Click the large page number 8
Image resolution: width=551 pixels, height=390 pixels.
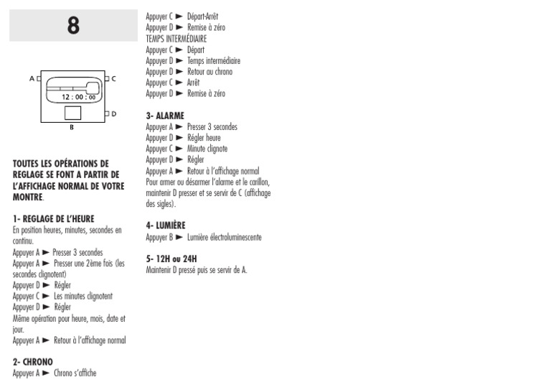tap(73, 25)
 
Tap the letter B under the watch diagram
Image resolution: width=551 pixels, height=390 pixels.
tap(71, 128)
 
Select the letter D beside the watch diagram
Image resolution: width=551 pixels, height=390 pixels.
tap(113, 113)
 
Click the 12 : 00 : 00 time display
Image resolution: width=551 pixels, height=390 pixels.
tap(78, 96)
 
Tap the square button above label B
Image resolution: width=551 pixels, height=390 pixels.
tap(72, 113)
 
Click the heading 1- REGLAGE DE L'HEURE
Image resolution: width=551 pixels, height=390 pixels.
tap(53, 218)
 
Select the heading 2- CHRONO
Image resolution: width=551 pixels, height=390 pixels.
tap(32, 362)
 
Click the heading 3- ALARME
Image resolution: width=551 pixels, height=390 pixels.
tap(164, 116)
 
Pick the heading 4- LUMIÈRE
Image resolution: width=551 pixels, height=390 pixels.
tap(166, 226)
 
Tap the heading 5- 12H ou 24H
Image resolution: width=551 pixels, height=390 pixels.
tap(171, 259)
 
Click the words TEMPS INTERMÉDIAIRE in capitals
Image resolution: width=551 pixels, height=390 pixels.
tap(176, 39)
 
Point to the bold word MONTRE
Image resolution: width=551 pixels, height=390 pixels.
tap(28, 197)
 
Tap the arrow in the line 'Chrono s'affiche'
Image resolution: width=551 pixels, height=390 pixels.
tap(46, 373)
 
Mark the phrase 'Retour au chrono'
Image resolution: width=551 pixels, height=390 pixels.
tap(209, 72)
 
